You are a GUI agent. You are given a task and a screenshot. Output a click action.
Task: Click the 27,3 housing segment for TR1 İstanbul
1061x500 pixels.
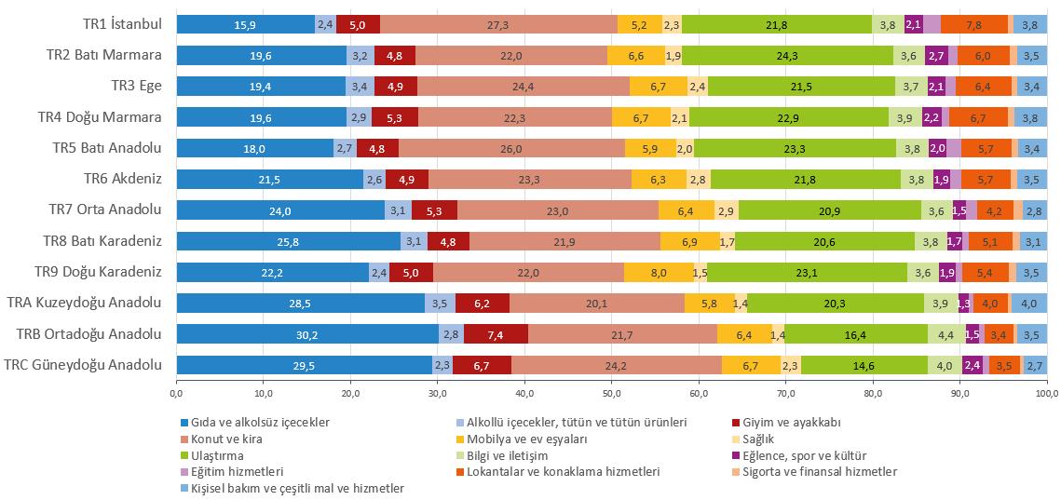point(498,24)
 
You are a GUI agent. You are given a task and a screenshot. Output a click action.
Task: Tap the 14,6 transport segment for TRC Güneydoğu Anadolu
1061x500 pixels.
point(864,364)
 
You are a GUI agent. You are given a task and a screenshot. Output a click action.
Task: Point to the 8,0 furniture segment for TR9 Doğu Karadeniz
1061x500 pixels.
point(659,272)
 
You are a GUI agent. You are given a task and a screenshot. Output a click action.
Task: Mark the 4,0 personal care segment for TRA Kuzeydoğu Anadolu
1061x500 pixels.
point(1028,303)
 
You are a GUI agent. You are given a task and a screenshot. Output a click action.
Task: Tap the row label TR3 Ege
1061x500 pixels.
point(137,86)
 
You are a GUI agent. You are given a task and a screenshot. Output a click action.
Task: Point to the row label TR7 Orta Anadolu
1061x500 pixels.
point(105,209)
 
